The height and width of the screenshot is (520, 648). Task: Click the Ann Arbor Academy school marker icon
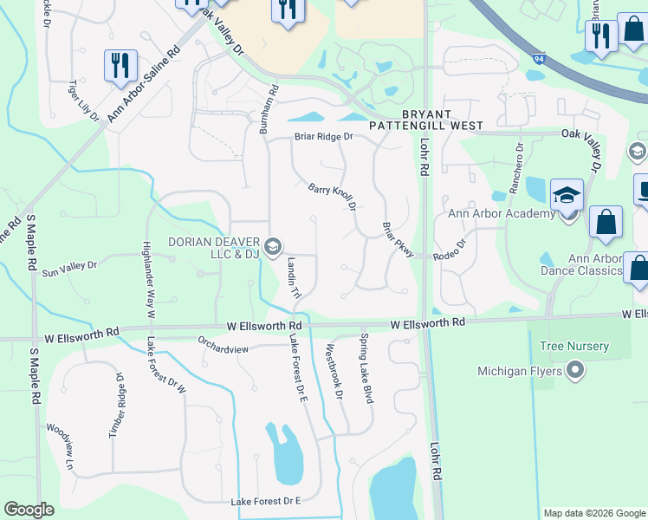point(567,197)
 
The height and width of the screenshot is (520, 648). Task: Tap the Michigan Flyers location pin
point(573,372)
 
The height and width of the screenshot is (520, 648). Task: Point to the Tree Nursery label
point(573,347)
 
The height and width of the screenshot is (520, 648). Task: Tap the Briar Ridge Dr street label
point(324,136)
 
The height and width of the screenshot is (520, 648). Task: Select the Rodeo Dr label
point(450,256)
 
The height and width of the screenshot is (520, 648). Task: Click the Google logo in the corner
point(29,510)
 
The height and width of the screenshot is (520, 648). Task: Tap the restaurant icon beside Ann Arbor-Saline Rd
point(120,66)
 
